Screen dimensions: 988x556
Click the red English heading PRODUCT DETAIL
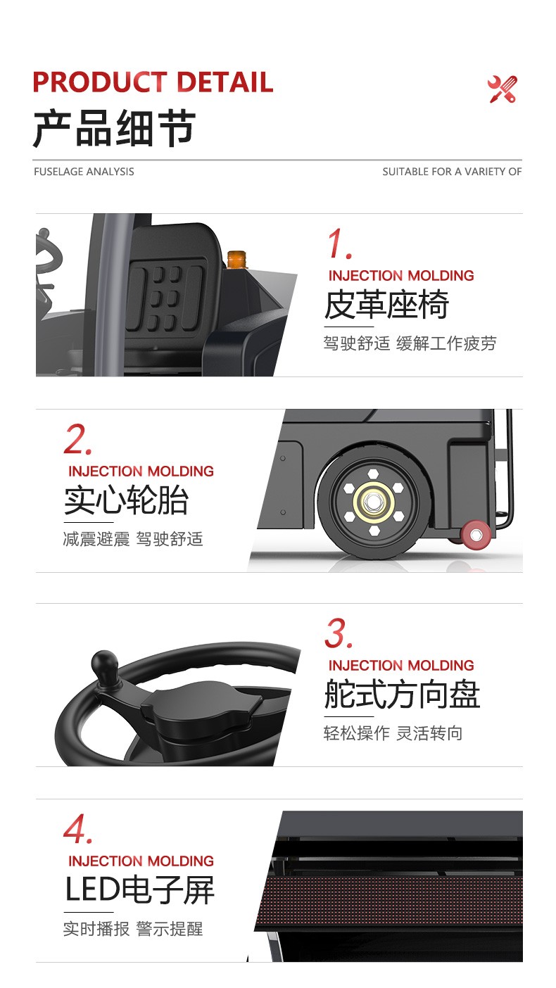[153, 82]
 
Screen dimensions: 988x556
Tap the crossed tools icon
[502, 89]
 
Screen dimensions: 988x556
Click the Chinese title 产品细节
[114, 129]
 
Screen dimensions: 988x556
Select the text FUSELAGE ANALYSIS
[84, 172]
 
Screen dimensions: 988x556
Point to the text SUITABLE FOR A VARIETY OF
[452, 172]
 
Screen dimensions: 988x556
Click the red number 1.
[339, 244]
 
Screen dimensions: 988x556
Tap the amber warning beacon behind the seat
[235, 258]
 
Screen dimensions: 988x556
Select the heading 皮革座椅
[386, 305]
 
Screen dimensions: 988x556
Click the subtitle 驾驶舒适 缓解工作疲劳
[410, 343]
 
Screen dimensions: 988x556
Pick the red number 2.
[78, 440]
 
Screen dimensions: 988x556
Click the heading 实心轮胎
[127, 501]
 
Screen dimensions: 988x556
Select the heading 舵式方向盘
[402, 695]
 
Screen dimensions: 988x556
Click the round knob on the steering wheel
[104, 664]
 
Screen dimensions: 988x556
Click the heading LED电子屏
[139, 890]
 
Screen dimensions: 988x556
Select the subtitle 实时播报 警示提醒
[133, 929]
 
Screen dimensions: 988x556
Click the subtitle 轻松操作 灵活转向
[393, 733]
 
